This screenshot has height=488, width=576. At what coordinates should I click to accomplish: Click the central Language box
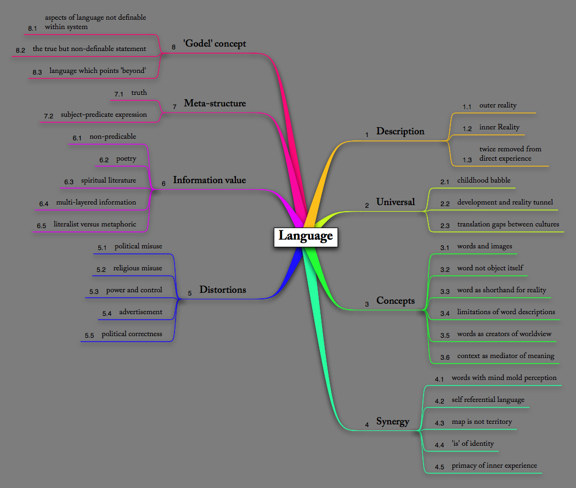coord(306,236)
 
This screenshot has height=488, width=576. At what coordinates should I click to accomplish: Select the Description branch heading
coord(400,131)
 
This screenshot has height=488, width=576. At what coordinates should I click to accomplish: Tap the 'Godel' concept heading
coord(214,43)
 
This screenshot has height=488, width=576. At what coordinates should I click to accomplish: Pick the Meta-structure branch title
coord(214,103)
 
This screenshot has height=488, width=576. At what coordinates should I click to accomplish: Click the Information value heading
coord(209,180)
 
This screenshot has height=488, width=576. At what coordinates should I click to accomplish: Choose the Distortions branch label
coord(222,290)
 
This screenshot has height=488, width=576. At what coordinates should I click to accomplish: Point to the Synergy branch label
coord(393,421)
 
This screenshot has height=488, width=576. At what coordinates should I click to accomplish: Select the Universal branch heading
coord(396,202)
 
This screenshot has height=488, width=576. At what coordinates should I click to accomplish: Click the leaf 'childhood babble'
coord(483,180)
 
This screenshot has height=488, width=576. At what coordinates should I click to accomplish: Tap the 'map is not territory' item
coord(482,422)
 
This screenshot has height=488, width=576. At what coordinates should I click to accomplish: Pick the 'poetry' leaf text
coord(126,158)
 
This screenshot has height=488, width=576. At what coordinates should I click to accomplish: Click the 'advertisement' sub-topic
coord(140,312)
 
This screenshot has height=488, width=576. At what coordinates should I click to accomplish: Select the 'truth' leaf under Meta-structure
coord(139,93)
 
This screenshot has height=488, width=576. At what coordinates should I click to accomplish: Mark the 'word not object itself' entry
coord(490,268)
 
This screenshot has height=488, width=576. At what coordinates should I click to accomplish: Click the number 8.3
coord(37,72)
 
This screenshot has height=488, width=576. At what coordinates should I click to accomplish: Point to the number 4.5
coord(439,467)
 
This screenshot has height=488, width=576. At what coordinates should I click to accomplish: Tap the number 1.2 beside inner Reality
coord(467,129)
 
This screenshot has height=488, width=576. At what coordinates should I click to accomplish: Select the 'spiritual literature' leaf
coord(109,180)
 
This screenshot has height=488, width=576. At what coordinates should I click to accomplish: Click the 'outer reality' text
coord(498,105)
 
